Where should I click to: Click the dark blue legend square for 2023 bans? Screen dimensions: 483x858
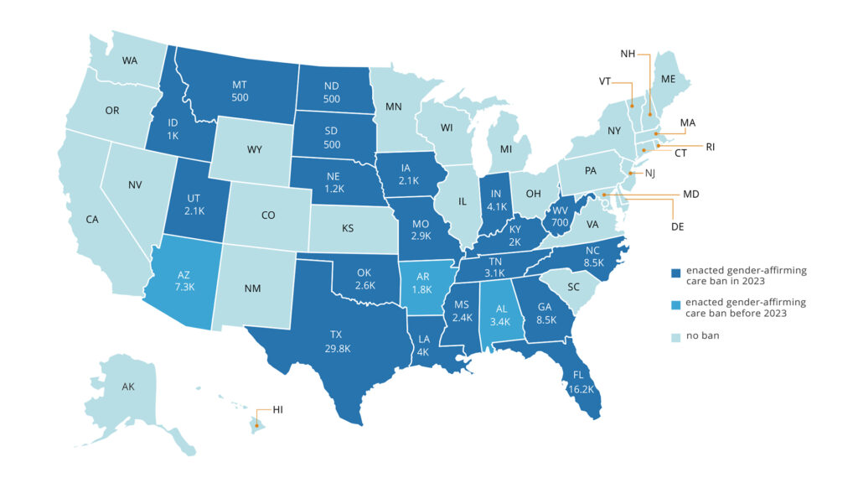675,272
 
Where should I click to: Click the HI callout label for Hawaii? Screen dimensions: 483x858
278,410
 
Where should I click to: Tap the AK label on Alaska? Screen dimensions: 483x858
128,387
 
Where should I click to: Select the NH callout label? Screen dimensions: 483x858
628,55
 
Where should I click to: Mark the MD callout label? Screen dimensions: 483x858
690,195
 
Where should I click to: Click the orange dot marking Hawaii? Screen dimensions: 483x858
257,425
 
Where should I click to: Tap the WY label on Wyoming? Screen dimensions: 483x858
255,150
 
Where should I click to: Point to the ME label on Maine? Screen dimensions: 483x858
668,80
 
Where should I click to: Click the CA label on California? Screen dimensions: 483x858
92,220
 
